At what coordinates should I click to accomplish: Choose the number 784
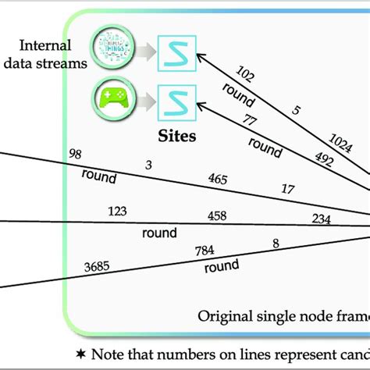point(206,250)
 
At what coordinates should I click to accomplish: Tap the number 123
point(119,211)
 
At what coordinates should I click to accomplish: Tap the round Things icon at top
point(109,48)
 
